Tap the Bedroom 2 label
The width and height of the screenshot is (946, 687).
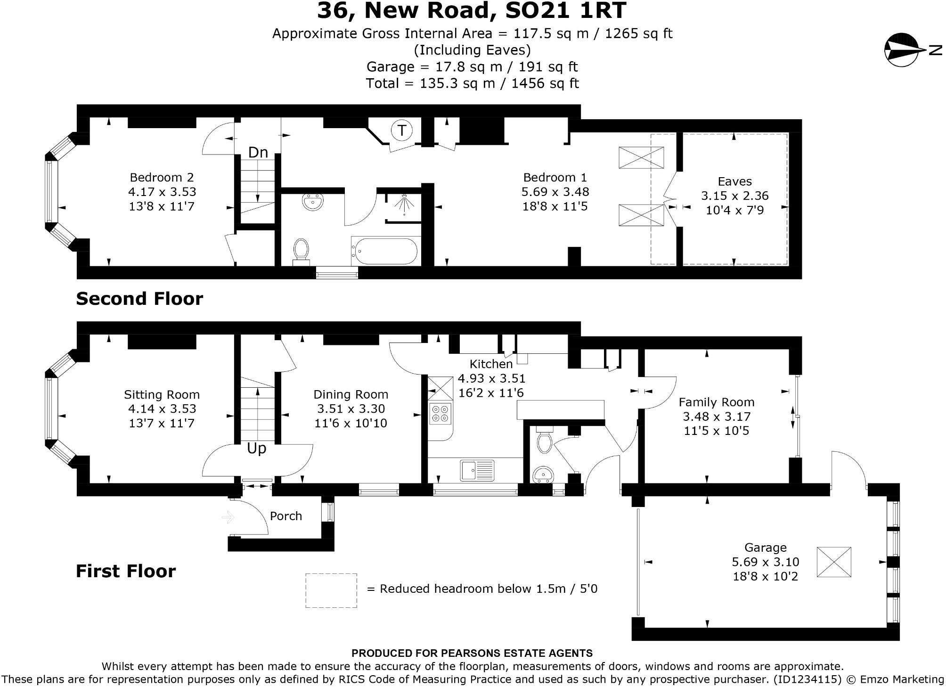point(162,178)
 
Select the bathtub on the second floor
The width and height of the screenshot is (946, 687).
point(384,251)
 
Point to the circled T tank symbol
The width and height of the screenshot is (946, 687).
point(402,130)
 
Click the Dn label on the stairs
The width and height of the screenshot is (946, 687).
point(258,152)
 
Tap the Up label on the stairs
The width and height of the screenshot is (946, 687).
point(257,448)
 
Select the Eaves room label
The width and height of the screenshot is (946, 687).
point(734,181)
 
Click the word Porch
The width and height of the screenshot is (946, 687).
point(286,516)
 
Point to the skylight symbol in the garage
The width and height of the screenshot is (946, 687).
point(834,562)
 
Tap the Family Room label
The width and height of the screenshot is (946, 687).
point(716,402)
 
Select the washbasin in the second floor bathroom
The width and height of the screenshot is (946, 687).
point(312,202)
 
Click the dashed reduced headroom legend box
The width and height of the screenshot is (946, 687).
point(331,590)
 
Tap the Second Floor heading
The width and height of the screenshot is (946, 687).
point(139,299)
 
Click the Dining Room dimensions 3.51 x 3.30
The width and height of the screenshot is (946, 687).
point(351,409)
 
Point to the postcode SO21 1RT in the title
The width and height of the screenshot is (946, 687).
point(565,10)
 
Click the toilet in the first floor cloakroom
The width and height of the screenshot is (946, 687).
point(544,441)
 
